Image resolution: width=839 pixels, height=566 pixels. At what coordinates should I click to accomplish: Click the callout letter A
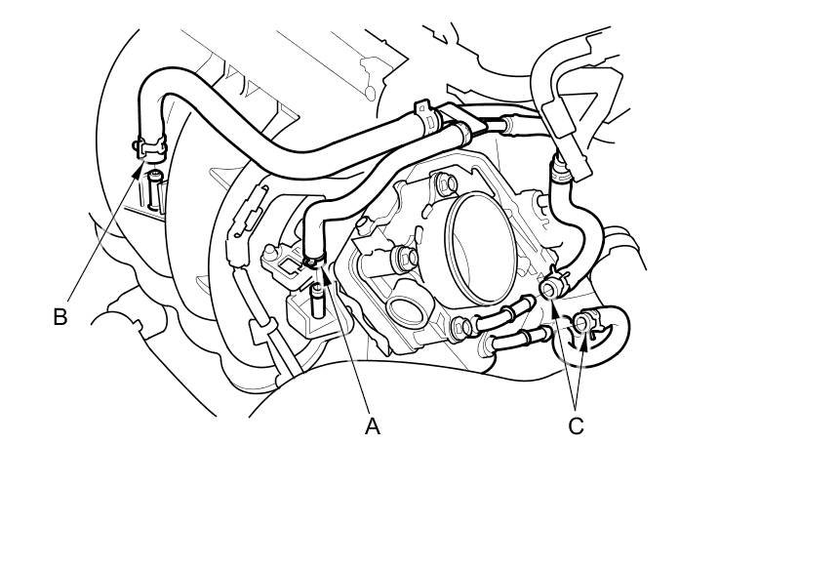(372, 426)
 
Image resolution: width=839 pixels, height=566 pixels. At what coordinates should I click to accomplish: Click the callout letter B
(60, 316)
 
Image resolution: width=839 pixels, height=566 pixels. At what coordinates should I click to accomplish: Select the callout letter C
(576, 426)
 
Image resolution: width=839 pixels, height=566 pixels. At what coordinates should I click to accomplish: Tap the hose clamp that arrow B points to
(150, 149)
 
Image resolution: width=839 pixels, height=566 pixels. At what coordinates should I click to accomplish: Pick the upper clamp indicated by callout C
(553, 288)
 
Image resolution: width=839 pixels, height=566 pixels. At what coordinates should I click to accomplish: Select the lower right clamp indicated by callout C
(583, 324)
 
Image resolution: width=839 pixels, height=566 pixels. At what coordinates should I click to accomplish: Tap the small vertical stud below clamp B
(153, 181)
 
